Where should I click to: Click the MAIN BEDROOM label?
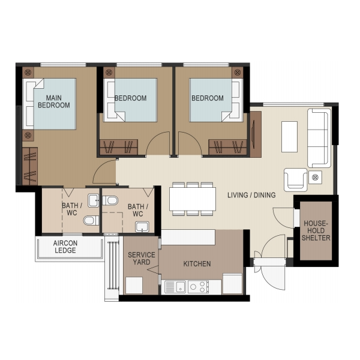54,101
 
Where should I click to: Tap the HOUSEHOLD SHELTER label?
316,230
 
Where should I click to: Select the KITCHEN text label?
197,264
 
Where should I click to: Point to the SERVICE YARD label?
142,258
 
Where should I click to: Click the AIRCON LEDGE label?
65,247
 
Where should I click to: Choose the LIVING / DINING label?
251,195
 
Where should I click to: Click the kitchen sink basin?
181,287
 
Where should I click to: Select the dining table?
193,199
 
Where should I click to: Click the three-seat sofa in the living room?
319,138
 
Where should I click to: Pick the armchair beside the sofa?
295,180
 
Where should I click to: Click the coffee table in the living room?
289,137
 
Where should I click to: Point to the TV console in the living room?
256,134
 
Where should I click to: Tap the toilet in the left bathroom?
91,220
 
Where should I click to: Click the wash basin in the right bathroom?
142,227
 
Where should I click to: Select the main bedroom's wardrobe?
30,166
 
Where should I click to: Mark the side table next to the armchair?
315,177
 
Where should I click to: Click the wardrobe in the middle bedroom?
119,147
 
